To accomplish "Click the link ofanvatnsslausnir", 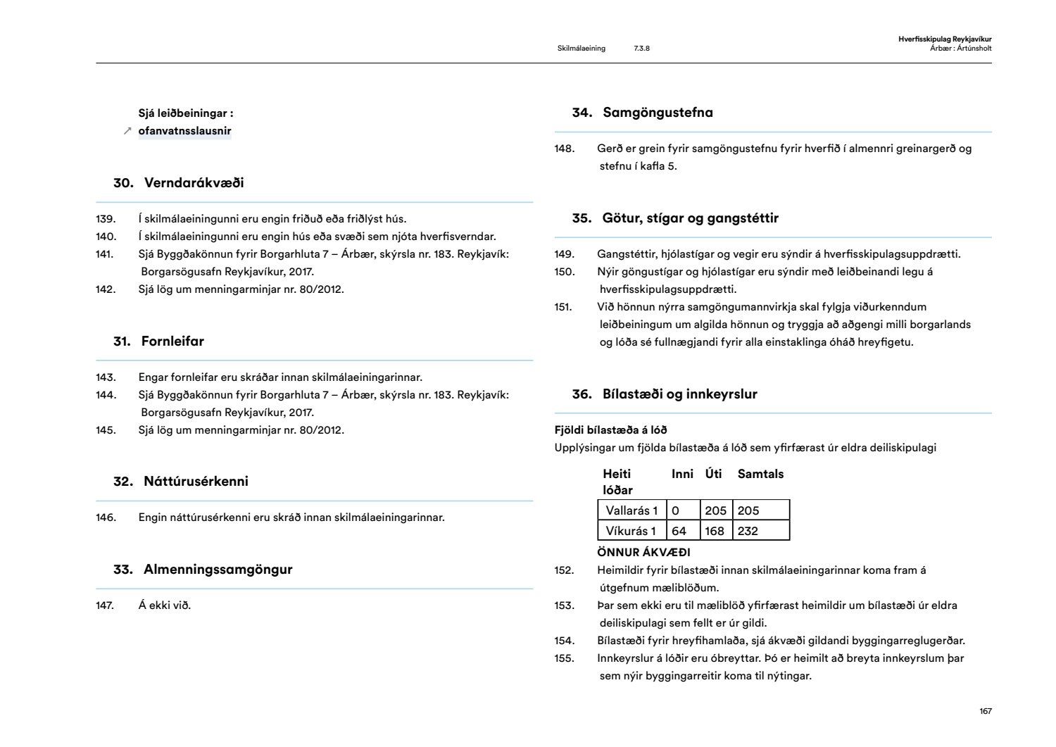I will coord(184,131).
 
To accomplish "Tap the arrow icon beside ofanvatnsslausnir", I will coord(127,131).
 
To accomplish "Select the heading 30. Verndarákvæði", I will coord(179,183).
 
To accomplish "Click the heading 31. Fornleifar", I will coord(158,341).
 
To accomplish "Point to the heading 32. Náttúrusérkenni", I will coord(181,482).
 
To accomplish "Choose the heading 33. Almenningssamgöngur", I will coord(203,570).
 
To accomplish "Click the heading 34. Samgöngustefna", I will coord(642,113).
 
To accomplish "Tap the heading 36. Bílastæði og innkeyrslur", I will coord(665,394).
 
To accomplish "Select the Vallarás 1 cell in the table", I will coord(631,510).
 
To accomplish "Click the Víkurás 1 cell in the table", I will coord(631,531).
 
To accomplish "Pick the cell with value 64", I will coord(679,531).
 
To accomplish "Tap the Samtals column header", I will coord(760,474).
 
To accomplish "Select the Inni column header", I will coord(682,474).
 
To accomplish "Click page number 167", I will coord(986,711).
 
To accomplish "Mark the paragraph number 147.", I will coord(105,605).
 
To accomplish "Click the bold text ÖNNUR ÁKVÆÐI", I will coord(643,553).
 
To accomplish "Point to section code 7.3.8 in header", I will coord(641,49).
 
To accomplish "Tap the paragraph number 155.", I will coord(564,658).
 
